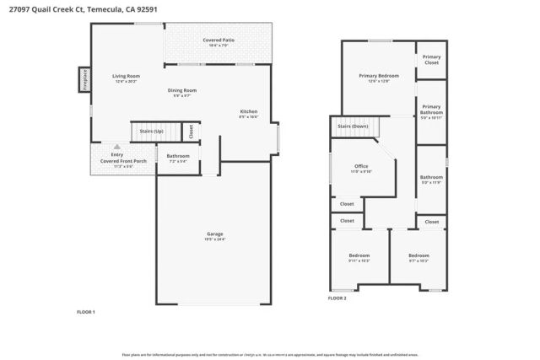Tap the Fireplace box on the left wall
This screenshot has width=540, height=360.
pyautogui.click(x=84, y=79)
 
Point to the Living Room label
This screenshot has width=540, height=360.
pyautogui.click(x=127, y=78)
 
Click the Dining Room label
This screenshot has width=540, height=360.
pyautogui.click(x=181, y=92)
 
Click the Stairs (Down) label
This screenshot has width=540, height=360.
pyautogui.click(x=353, y=126)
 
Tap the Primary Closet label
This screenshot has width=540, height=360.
pyautogui.click(x=431, y=60)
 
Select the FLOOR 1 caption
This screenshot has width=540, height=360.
pyautogui.click(x=86, y=312)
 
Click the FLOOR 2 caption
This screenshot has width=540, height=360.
pyautogui.click(x=337, y=298)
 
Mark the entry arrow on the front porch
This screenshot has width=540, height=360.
pyautogui.click(x=116, y=146)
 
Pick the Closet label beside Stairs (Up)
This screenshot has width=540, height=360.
pyautogui.click(x=191, y=132)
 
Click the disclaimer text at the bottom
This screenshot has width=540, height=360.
pyautogui.click(x=269, y=353)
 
